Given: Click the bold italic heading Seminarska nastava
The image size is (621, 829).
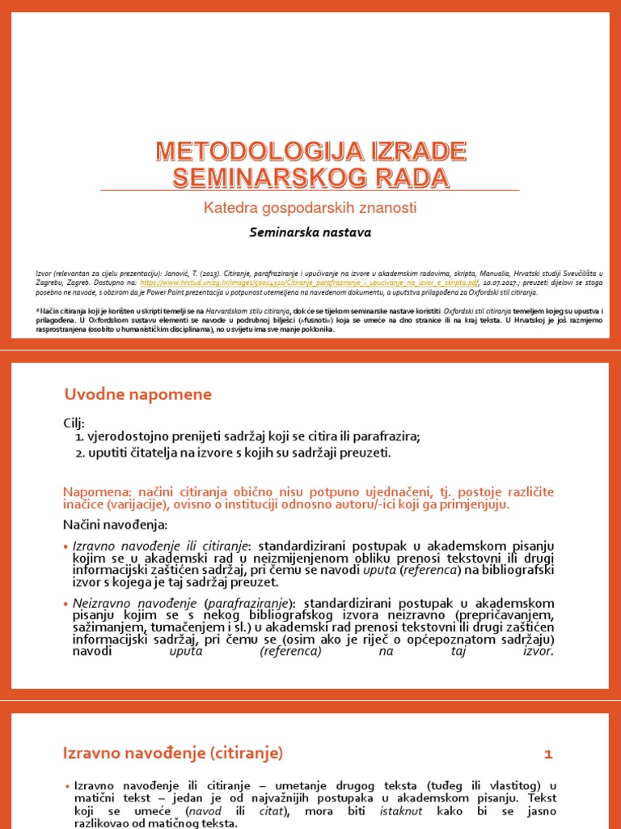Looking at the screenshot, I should pyautogui.click(x=310, y=232).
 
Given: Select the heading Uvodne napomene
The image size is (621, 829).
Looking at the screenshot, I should pyautogui.click(x=137, y=394).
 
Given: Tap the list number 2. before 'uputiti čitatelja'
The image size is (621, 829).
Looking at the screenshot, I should pyautogui.click(x=80, y=453).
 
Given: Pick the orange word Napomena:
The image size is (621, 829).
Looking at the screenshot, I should pyautogui.click(x=93, y=492).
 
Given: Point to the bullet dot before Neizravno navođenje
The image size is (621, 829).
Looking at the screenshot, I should pyautogui.click(x=66, y=604).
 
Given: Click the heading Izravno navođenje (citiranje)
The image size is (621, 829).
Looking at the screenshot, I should pyautogui.click(x=173, y=753).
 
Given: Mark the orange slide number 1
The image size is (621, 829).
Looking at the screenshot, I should pyautogui.click(x=547, y=755).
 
